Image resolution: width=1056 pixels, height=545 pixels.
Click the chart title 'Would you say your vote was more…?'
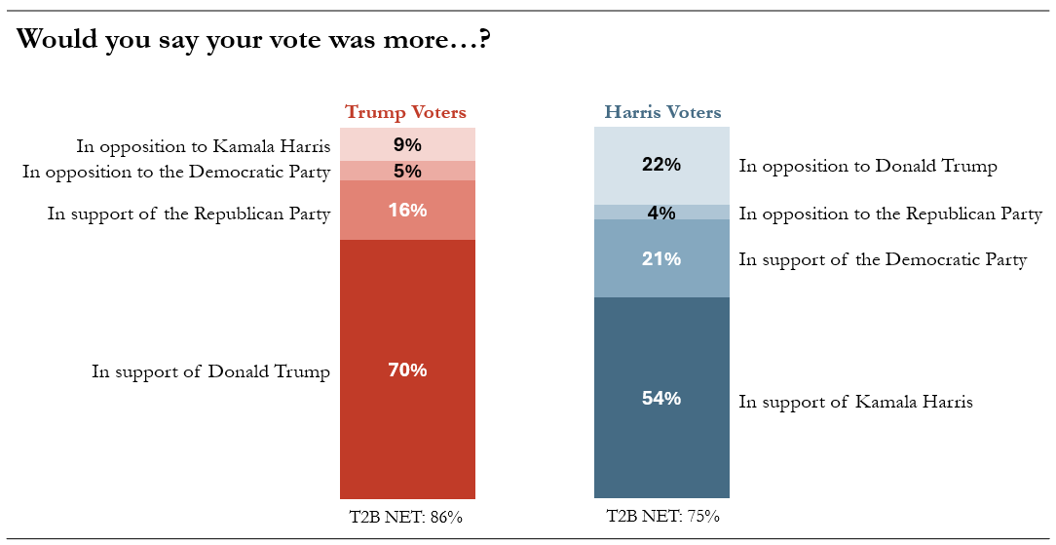252,40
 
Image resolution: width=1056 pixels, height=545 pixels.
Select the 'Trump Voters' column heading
405,112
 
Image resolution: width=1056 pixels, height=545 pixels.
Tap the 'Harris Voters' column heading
662,112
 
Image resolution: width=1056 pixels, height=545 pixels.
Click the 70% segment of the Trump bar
407,370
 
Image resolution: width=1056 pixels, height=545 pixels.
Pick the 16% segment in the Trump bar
407,211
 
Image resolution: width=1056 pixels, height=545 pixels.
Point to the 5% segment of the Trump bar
407,172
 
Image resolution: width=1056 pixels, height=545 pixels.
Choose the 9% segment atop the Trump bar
407,144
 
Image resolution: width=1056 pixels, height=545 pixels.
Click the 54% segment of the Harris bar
661,398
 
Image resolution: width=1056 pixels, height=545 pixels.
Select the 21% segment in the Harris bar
661,258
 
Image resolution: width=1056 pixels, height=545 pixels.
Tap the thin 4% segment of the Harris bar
661,213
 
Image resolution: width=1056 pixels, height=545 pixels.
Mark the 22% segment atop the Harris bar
661,166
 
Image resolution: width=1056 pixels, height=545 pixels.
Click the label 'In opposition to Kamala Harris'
204,146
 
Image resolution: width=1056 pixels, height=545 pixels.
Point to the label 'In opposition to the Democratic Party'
176,172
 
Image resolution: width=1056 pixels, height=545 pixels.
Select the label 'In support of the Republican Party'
189,214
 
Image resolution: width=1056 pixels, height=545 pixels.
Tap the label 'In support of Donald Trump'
210,371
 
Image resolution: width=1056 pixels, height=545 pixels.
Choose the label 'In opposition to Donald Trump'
867,167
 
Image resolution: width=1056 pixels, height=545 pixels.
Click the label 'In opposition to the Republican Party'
890,214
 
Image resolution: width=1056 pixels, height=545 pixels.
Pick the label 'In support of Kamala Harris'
856,403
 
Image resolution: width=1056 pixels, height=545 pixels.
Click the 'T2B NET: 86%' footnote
406,518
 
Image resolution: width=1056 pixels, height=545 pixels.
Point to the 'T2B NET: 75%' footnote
662,517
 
